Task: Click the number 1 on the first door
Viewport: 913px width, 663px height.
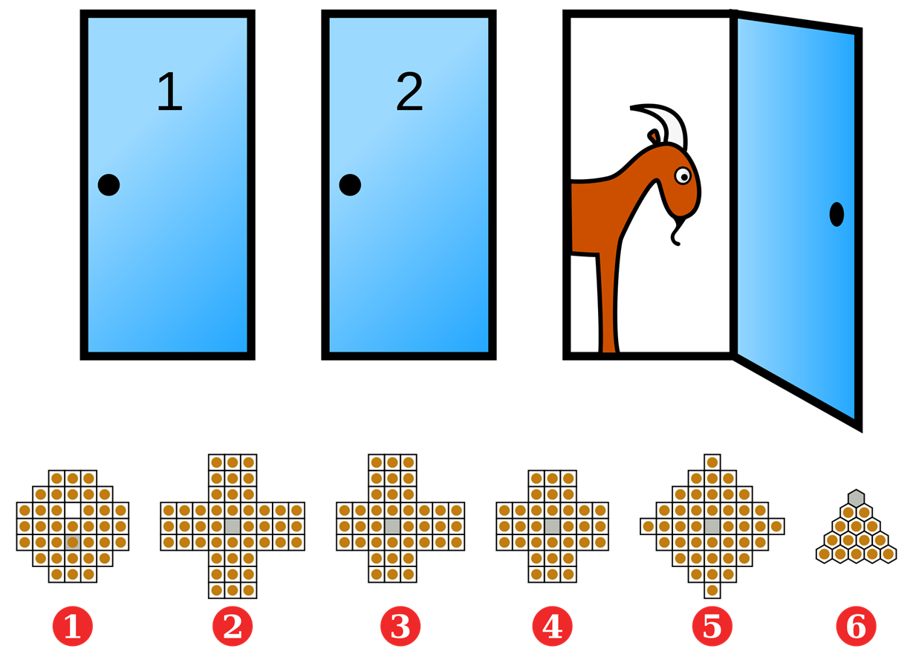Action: coord(169,92)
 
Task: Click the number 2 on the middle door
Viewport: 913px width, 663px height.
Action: coord(409,92)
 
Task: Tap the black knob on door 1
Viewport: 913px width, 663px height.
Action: coord(108,184)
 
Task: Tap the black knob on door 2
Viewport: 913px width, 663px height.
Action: coord(350,184)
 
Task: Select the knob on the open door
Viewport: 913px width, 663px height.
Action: coord(836,214)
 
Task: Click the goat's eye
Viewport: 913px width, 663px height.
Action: coord(683,175)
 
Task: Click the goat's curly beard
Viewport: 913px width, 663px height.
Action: coord(675,232)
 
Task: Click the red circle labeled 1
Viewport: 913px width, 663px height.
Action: coord(72,627)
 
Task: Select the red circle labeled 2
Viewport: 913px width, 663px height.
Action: coord(233,627)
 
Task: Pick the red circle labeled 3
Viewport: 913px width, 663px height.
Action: coord(400,627)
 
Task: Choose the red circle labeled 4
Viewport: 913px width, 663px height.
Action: coord(552,627)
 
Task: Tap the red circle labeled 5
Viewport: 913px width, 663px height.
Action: coord(712,627)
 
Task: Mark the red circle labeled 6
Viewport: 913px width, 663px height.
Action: coord(856,627)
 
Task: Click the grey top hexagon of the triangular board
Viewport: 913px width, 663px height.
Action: coord(856,497)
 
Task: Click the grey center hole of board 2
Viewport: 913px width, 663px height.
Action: coord(233,526)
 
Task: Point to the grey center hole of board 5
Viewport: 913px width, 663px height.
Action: coord(712,526)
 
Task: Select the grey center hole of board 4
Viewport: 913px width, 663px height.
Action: coord(552,526)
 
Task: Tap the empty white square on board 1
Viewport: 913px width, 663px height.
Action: coord(72,510)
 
